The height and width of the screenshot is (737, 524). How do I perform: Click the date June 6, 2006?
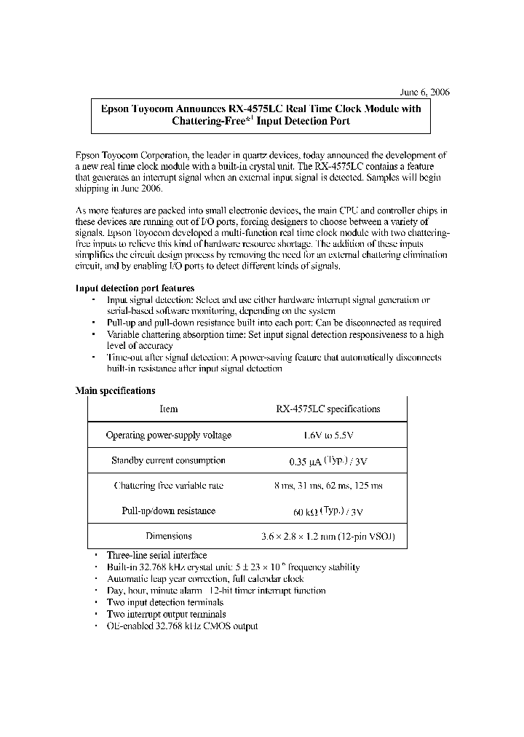425,92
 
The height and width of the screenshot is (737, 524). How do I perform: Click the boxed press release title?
261,115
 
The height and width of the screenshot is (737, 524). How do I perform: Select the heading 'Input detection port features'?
135,288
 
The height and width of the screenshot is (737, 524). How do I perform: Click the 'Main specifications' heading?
115,391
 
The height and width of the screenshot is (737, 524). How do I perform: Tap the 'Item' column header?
168,409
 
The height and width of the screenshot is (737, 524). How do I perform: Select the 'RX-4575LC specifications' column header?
327,409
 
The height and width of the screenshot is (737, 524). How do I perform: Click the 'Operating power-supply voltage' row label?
168,435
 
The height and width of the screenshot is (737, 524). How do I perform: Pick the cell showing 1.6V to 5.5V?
327,435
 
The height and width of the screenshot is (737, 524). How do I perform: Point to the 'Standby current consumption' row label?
168,460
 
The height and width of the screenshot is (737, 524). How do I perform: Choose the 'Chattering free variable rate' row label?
168,486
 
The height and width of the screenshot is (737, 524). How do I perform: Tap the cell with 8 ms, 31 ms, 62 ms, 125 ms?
327,486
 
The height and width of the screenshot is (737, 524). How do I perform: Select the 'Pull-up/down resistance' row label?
168,511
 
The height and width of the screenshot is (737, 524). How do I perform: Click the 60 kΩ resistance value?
327,511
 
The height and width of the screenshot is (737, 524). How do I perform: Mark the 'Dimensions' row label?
168,536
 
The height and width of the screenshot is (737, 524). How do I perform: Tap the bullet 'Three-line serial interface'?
156,555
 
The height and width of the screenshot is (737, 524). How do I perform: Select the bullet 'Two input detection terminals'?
165,602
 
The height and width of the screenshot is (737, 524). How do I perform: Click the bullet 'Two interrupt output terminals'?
166,614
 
